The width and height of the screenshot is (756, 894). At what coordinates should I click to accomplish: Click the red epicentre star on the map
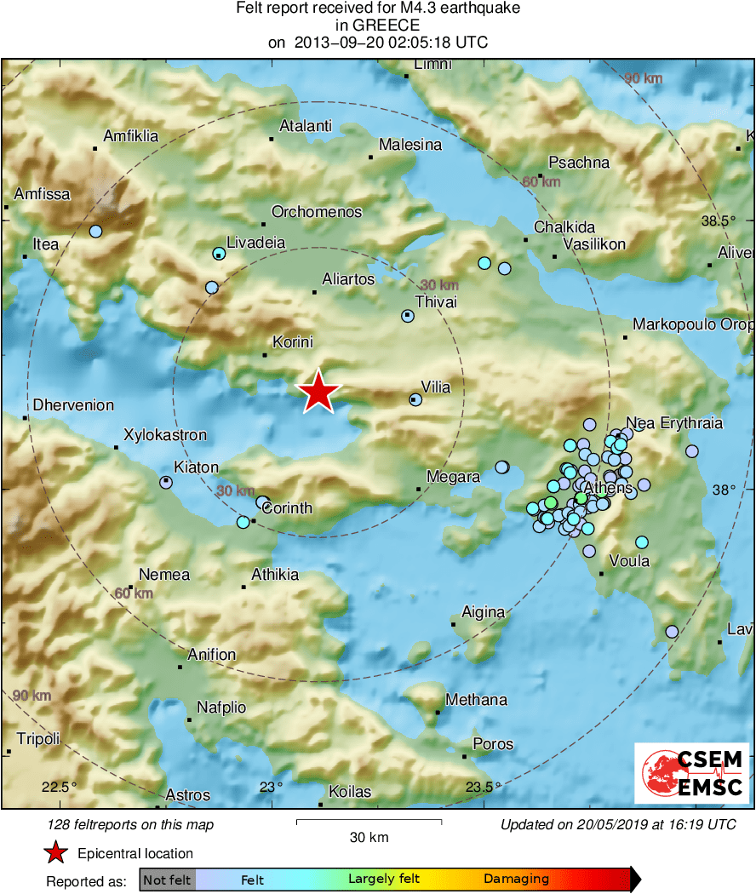coord(319,392)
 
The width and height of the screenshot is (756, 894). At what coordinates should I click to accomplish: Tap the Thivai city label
coord(435,302)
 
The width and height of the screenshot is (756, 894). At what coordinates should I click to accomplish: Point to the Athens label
coord(608,488)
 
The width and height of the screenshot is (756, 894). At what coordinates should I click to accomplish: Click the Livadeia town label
coord(255,243)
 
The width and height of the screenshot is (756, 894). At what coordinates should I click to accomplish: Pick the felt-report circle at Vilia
coord(415,398)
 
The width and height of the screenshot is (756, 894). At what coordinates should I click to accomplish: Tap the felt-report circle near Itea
coord(95,231)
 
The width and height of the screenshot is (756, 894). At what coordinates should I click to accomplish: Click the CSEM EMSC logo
coord(692,773)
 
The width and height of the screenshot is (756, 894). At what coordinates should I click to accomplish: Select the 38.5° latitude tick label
coord(719,221)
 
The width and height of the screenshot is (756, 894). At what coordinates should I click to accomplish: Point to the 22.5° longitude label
coord(60,786)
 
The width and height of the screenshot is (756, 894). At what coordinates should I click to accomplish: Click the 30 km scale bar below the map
coord(369,822)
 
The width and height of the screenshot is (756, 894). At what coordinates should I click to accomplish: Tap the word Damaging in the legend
coord(516,879)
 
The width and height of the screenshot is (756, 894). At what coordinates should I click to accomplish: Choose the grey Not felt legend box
coord(167,879)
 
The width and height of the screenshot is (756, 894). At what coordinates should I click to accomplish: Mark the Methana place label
coord(476,700)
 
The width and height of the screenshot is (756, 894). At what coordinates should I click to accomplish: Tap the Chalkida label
coord(564,227)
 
